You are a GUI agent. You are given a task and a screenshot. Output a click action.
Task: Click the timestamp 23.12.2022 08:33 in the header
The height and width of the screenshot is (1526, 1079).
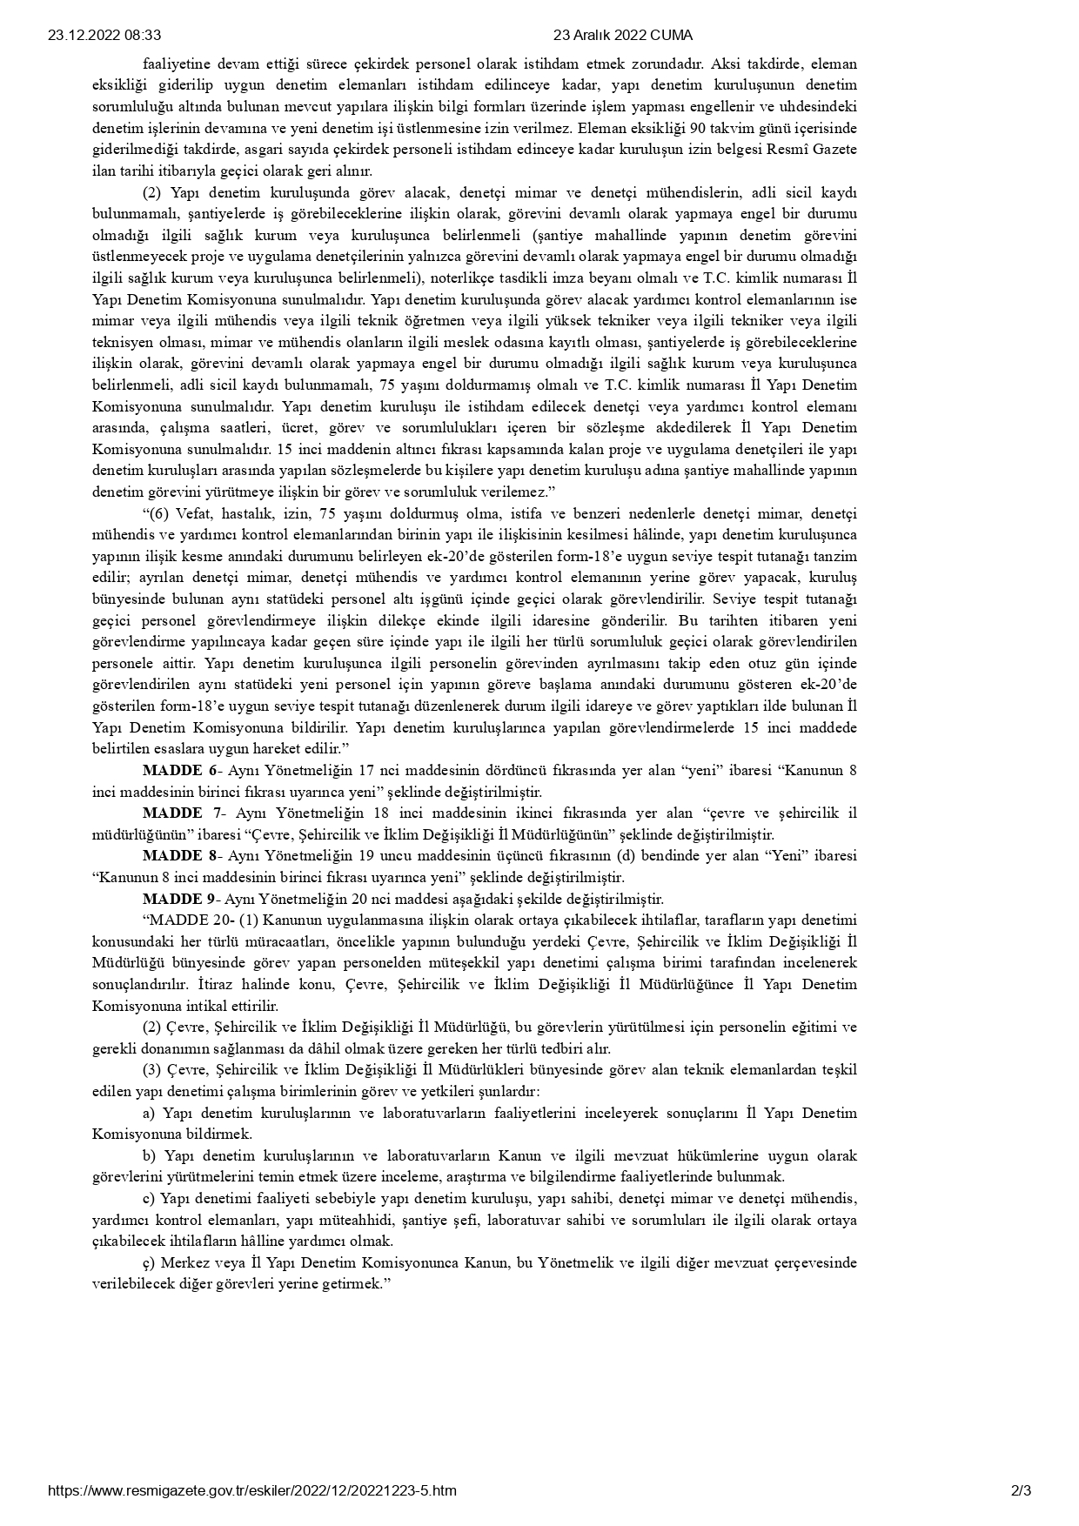[104, 36]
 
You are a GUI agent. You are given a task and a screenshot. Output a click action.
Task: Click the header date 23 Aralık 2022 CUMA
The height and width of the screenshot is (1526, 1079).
[623, 36]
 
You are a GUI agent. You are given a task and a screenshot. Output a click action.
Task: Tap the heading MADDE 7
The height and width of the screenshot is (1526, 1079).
[184, 813]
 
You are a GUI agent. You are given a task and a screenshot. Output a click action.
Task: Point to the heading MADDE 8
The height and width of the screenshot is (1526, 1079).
[182, 856]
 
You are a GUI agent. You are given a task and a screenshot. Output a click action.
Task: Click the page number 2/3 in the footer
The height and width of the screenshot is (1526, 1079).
[1021, 1490]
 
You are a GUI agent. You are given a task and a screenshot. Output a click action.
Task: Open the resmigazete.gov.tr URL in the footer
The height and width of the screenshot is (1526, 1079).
[252, 1490]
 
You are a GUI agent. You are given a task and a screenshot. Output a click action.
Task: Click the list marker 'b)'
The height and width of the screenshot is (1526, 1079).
[149, 1156]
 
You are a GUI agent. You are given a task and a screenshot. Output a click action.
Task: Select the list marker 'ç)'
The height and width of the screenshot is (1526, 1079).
[149, 1263]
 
